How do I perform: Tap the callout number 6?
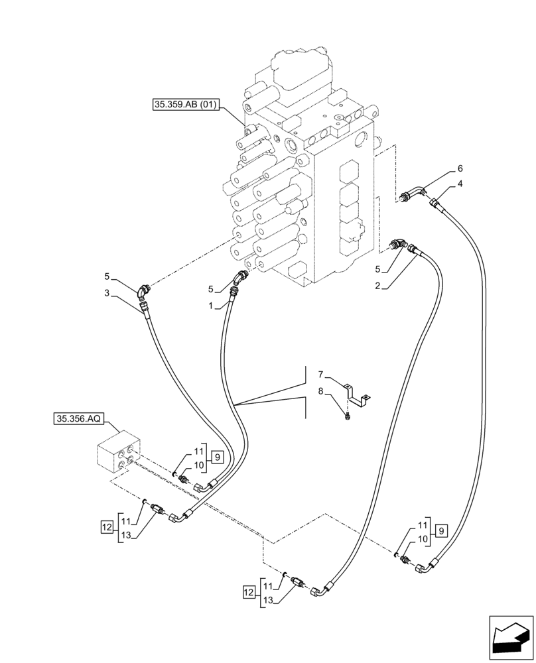click(x=460, y=168)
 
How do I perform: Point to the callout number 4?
click(x=460, y=182)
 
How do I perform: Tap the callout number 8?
click(x=321, y=392)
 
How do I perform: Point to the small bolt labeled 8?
click(x=348, y=416)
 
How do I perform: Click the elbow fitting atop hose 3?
click(x=143, y=290)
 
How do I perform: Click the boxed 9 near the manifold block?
click(x=218, y=456)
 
